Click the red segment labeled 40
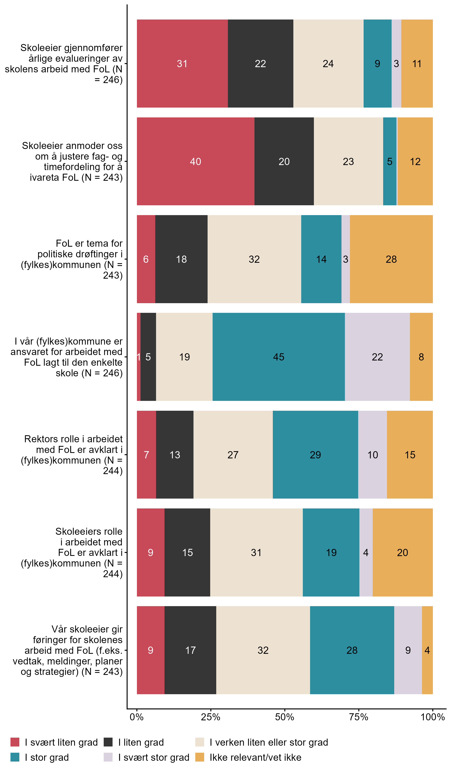pos(196,161)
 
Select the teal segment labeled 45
pos(279,357)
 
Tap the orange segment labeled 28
pos(391,259)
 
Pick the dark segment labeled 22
pos(261,63)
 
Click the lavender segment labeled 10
pos(372,454)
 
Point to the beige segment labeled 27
pos(233,454)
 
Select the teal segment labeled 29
pos(315,454)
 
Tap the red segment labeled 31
pos(182,63)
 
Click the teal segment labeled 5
pos(390,161)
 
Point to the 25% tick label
pos(210,717)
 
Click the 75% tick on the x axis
pos(359,717)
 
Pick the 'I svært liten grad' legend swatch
pos(15,742)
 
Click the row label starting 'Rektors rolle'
pos(73,455)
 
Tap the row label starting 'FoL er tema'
pos(73,259)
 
